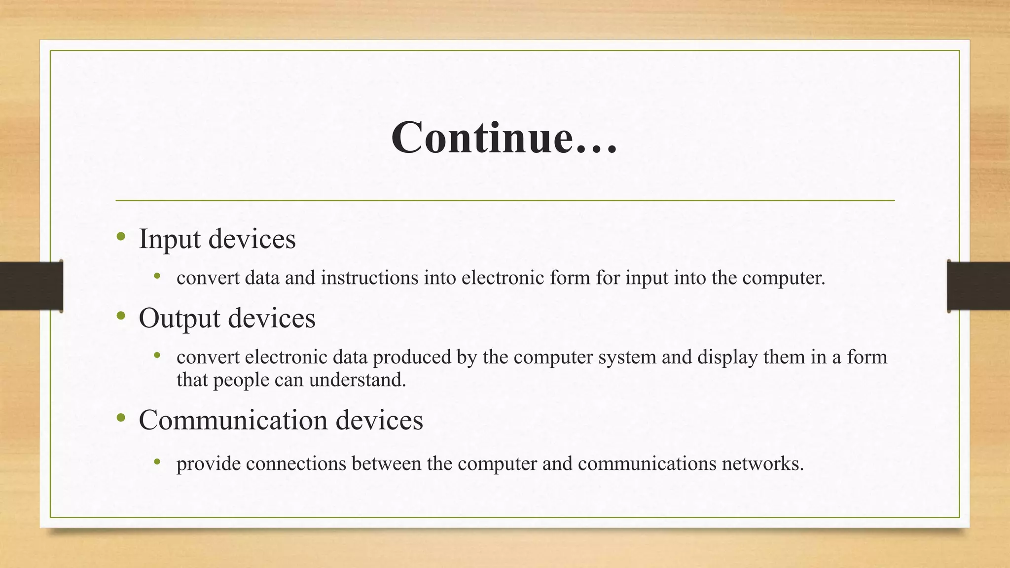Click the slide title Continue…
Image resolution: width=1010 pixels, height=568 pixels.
[x=504, y=138]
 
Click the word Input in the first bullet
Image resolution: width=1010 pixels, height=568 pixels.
[x=170, y=239]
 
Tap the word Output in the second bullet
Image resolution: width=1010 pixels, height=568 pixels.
[x=179, y=318]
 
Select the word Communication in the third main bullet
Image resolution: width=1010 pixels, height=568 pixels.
[x=233, y=420]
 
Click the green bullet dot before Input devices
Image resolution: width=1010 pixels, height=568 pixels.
[x=121, y=237]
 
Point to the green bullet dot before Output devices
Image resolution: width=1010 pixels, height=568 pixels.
[x=121, y=316]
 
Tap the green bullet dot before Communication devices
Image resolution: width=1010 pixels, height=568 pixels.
[x=121, y=419]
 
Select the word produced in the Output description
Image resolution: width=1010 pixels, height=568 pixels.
[x=412, y=357]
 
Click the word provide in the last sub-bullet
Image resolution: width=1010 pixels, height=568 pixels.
[x=208, y=464]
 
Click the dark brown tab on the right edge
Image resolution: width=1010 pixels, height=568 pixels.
[x=978, y=286]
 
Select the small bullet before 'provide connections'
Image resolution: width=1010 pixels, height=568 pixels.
[x=157, y=462]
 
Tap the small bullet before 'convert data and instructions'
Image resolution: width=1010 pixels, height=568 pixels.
[x=157, y=276]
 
